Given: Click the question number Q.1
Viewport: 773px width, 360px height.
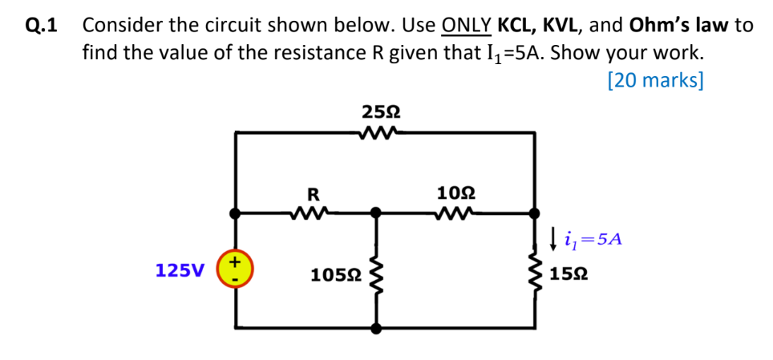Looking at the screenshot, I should [42, 25].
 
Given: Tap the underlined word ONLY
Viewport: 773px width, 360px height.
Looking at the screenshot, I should [466, 25].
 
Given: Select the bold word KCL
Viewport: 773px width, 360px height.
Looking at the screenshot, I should [516, 25].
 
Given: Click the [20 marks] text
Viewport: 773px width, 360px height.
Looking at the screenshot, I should [655, 80].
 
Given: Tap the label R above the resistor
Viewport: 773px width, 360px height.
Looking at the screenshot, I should [314, 192].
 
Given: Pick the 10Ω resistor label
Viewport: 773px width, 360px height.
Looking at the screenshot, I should [456, 192].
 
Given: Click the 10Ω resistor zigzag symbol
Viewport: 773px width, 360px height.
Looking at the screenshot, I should [456, 213].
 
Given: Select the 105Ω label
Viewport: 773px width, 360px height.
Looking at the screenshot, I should [335, 275].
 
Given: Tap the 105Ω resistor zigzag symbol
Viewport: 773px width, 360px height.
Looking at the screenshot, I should [374, 273].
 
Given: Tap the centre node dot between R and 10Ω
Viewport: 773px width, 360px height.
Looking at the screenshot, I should [374, 213].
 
